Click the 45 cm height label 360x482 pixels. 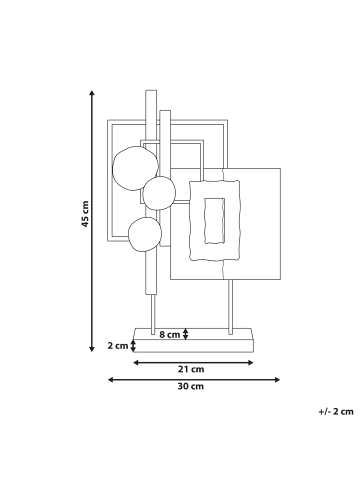pyautogui.click(x=85, y=214)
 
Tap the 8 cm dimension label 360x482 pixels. pyautogui.click(x=169, y=334)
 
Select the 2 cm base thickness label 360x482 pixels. pyautogui.click(x=118, y=346)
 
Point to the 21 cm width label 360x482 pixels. pyautogui.click(x=191, y=369)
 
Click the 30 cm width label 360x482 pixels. pyautogui.click(x=191, y=386)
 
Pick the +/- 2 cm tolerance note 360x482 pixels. pyautogui.click(x=336, y=412)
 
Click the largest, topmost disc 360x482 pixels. pyautogui.click(x=135, y=168)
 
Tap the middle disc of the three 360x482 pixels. pyautogui.click(x=159, y=193)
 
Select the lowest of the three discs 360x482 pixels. pyautogui.click(x=145, y=234)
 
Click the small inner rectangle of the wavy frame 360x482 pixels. pyautogui.click(x=214, y=221)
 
